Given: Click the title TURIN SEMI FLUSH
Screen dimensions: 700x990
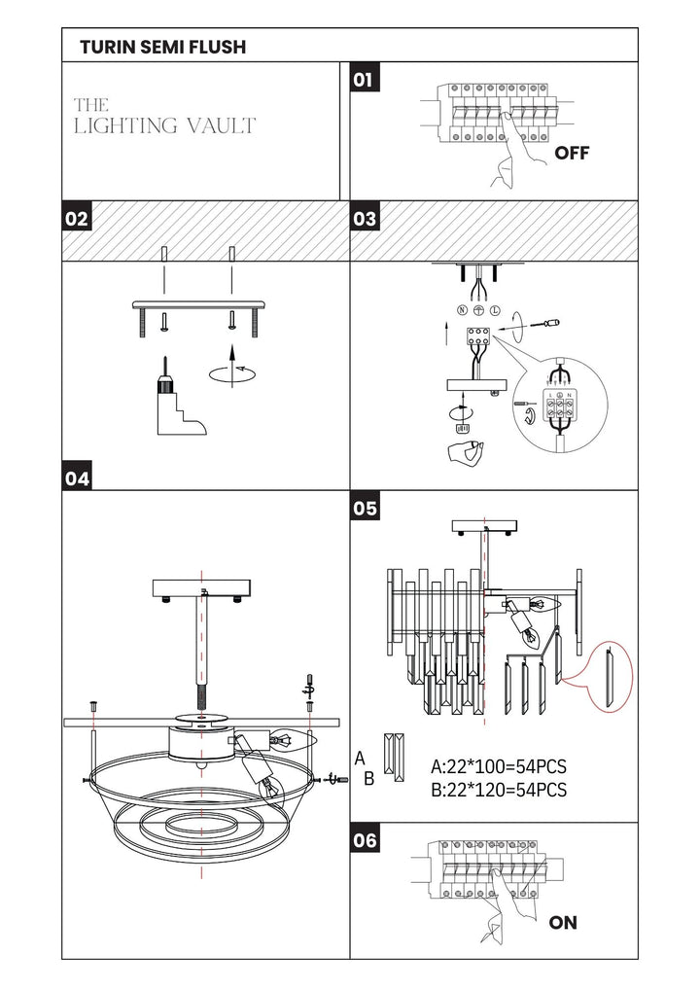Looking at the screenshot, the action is [x=163, y=46].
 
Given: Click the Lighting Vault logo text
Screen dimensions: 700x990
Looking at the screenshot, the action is [x=164, y=117].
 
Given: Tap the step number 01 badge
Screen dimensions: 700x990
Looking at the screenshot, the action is [x=365, y=80].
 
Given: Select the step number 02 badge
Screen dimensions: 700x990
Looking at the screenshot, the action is [x=77, y=219].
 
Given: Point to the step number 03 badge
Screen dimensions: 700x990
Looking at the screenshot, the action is [x=365, y=219].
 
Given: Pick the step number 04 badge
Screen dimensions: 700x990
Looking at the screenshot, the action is [x=77, y=477].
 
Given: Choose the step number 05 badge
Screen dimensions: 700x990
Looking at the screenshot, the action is [x=365, y=509].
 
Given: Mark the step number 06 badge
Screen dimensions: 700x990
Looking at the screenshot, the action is [x=365, y=840].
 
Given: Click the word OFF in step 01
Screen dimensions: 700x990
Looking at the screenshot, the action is [x=572, y=153].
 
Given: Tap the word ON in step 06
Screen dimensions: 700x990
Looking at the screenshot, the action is [x=563, y=923].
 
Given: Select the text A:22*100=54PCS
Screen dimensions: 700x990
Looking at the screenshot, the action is [x=499, y=766].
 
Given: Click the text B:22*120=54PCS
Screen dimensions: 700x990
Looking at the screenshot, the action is [x=499, y=790].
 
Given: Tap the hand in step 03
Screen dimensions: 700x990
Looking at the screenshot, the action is [x=465, y=453].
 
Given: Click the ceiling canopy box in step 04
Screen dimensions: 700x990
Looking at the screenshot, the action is [x=201, y=589].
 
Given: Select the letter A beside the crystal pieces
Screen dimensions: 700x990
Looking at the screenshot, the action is [x=360, y=758].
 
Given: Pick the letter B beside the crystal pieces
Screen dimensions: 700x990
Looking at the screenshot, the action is [x=369, y=779].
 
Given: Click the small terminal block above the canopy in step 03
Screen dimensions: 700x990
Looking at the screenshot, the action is [x=479, y=334].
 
